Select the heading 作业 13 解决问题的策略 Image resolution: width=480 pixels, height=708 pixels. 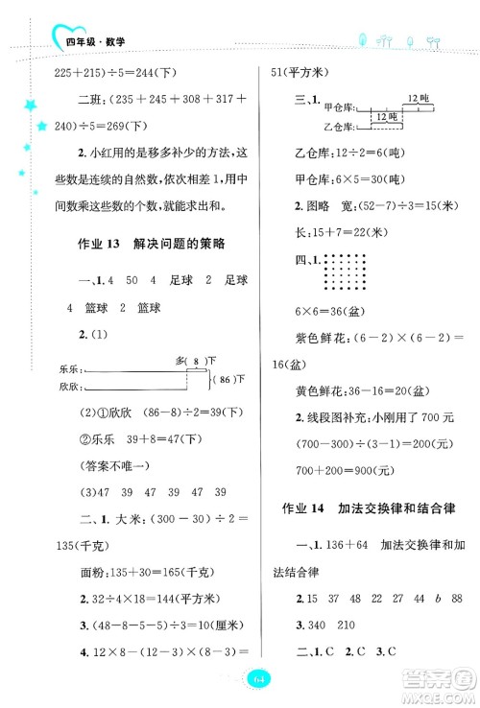[150, 244]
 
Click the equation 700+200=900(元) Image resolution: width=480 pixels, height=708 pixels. [338, 470]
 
